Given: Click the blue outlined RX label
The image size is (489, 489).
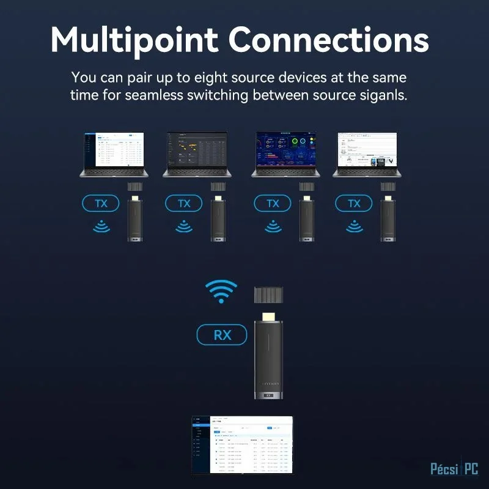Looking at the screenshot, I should [221, 335].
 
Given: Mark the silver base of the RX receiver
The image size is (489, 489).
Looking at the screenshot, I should [268, 394].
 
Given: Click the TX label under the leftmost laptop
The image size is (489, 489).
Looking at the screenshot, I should [100, 204].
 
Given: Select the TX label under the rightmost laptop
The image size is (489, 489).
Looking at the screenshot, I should [353, 204].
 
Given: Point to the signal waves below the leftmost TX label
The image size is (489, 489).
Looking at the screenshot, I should [100, 227].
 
